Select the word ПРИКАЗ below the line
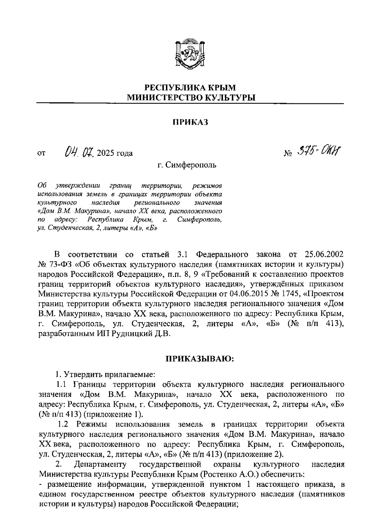pos(190,122)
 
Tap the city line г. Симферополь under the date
pos(187,164)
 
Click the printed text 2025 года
pos(115,153)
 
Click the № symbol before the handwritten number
pos(287,154)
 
